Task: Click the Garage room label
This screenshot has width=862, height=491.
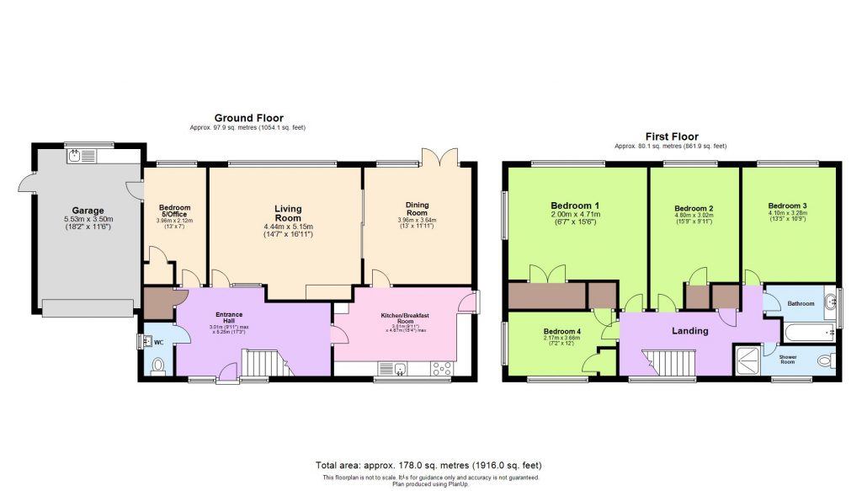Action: (x=88, y=211)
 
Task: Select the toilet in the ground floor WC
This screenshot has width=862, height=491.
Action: (x=158, y=366)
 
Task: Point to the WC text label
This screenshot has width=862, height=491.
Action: (x=157, y=344)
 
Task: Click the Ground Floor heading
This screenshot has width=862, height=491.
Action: (x=248, y=118)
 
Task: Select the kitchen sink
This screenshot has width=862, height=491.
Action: (x=398, y=368)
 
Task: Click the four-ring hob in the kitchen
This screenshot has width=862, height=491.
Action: (x=439, y=368)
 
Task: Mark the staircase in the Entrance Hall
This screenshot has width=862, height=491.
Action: (x=264, y=364)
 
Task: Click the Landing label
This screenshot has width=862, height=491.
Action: (x=689, y=331)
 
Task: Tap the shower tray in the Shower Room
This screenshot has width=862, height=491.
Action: (x=746, y=359)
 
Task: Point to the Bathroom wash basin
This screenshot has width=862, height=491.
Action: (x=830, y=302)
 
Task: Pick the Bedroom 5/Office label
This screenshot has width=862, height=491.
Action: (x=174, y=212)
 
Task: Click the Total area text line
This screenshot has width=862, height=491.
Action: (x=428, y=465)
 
